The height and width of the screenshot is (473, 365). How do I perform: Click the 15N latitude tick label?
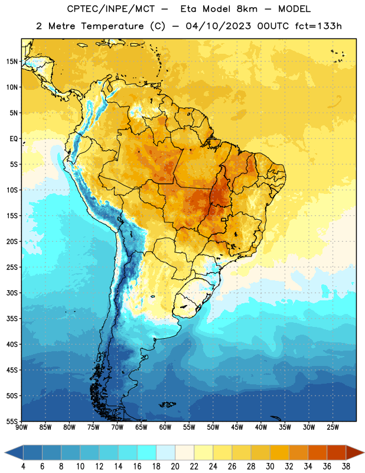coord(12,61)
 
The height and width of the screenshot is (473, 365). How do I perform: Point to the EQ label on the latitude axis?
coord(14,139)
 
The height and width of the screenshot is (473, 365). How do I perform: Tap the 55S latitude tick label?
coord(12,421)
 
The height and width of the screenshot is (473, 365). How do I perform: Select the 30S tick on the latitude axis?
coord(12,293)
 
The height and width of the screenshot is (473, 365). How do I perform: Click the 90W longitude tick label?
coord(21,427)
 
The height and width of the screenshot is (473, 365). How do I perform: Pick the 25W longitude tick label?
coord(333,427)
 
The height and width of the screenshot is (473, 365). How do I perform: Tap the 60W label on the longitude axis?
coord(165,427)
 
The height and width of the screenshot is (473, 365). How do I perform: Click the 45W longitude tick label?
coord(237,427)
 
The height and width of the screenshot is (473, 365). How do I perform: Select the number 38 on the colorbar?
coord(346,466)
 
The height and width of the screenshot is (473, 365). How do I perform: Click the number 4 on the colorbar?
coord(23,466)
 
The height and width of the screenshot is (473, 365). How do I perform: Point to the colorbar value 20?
coord(175,466)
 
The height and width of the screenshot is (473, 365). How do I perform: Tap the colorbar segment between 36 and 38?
coord(337,453)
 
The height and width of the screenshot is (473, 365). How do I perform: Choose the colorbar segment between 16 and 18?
coord(146,453)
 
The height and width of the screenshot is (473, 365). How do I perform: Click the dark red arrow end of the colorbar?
coord(354,453)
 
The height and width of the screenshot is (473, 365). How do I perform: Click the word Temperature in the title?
coord(112,26)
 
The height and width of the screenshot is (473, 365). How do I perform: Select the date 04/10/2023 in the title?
coord(219,26)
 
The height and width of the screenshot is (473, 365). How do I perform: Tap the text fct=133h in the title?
coord(318,26)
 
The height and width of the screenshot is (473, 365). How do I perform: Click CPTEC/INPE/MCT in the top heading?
coord(110,9)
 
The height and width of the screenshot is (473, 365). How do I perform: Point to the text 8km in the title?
coord(247,9)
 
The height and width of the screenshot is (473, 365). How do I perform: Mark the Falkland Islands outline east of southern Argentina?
coord(168,404)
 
